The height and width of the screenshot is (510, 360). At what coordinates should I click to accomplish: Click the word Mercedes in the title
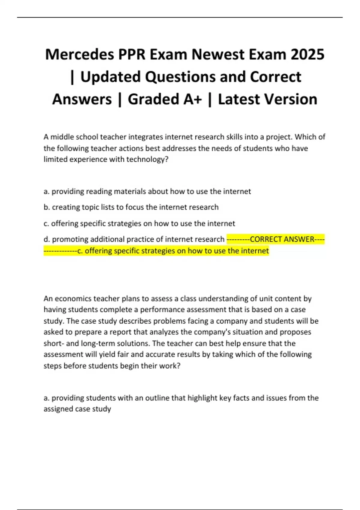pos(79,55)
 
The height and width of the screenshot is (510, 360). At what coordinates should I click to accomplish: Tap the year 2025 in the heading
pos(307,55)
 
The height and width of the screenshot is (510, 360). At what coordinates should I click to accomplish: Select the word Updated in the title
pos(110,77)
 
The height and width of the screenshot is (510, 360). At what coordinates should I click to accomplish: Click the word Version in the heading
pos(290,99)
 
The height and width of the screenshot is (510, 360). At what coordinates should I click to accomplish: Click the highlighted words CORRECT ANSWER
pos(282,239)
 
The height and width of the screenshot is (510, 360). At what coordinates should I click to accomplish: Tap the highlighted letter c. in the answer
pos(80,251)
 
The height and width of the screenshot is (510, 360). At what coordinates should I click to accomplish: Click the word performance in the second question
pos(160,310)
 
